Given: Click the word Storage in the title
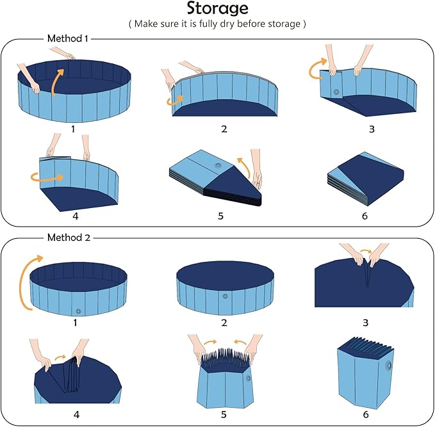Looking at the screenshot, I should [217, 9].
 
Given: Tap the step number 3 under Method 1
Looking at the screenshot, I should [372, 129].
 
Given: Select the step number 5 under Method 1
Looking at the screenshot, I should [220, 216].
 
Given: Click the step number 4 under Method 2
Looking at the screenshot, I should [76, 414].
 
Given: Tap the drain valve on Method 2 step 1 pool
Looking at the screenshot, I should [78, 311].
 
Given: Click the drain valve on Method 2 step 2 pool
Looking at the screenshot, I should [225, 296].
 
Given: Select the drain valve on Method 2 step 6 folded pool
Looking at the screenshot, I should [389, 367].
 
